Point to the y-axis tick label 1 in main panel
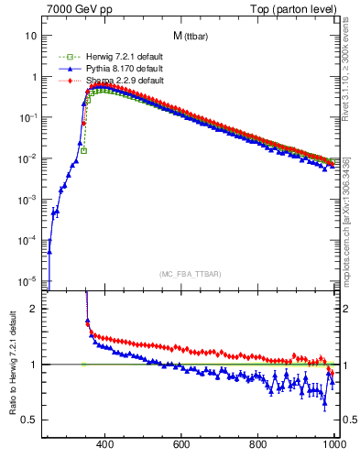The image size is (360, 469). (x=34, y=77)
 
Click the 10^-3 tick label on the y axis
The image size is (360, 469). (x=28, y=199)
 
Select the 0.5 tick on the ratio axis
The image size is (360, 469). (x=30, y=420)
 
